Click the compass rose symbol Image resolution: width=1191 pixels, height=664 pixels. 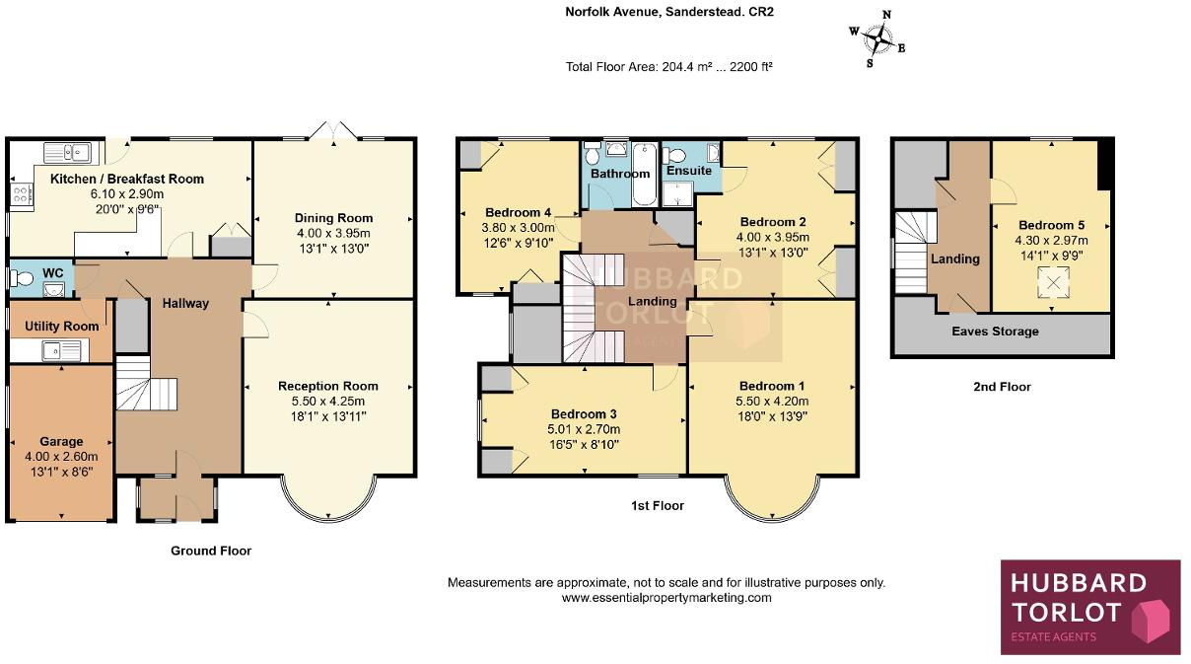(876, 38)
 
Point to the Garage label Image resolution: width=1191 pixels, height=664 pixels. (61, 442)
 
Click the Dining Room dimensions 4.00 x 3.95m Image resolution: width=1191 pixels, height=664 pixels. (333, 234)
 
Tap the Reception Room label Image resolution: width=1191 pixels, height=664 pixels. (327, 386)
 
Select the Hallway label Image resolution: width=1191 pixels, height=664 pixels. (185, 303)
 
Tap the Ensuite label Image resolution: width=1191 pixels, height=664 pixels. (688, 171)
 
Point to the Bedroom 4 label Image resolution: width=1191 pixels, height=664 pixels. (518, 212)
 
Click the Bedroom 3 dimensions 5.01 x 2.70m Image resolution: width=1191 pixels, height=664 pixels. (585, 429)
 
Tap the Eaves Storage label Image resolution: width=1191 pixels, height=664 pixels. (995, 332)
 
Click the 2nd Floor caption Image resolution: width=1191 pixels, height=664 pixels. (1001, 387)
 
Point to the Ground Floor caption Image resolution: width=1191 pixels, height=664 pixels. (211, 551)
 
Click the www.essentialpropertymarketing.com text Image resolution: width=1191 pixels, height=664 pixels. (666, 598)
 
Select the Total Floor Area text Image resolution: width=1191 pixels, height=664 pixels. (668, 67)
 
